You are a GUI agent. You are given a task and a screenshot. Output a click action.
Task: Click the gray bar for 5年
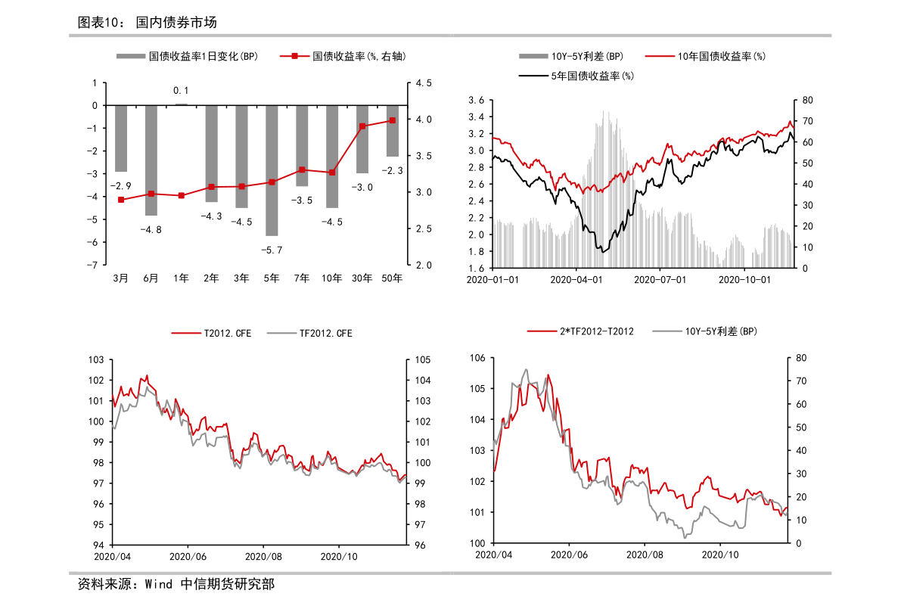(272, 170)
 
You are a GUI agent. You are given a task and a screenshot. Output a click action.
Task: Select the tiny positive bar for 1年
(182, 104)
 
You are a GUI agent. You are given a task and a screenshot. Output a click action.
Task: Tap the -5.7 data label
(272, 250)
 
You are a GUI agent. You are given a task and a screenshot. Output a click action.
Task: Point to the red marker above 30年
(362, 126)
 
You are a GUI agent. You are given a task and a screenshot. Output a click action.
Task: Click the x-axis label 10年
(332, 278)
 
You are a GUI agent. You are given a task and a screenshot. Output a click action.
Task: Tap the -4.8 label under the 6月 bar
(151, 229)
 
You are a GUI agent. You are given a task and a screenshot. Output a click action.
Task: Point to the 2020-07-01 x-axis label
(660, 280)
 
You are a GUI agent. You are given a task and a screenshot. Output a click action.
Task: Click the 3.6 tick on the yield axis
(476, 101)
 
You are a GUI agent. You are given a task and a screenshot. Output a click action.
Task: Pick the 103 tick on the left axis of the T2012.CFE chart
(97, 360)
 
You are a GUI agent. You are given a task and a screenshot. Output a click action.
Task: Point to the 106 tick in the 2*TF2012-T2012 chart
(477, 358)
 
